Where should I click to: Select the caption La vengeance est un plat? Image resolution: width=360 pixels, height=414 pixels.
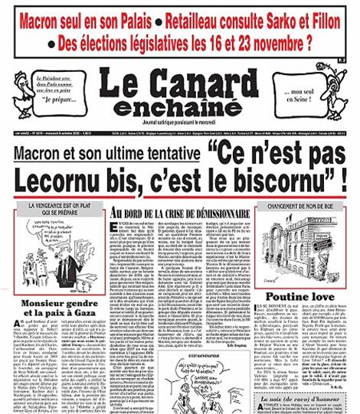[x=58, y=207]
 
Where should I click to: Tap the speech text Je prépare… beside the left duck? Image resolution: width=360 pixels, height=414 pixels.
[x=57, y=100]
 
